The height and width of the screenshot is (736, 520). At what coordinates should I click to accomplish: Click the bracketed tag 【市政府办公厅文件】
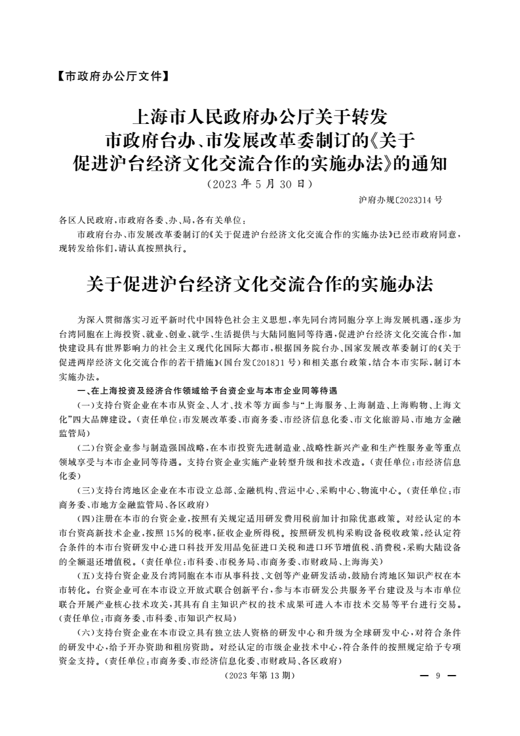pos(108,76)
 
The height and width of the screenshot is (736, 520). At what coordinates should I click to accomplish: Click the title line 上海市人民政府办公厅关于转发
pos(260,118)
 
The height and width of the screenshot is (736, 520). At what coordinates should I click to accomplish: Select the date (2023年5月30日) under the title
pos(260,184)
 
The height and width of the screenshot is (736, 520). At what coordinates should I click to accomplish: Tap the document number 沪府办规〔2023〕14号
pos(401,199)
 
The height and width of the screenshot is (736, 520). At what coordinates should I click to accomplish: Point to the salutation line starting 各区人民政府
pos(151,221)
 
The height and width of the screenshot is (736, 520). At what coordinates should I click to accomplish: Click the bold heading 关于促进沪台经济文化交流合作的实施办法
pos(260,283)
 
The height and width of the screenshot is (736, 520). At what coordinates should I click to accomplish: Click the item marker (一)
pos(86,405)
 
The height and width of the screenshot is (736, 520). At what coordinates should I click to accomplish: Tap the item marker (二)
pos(86,447)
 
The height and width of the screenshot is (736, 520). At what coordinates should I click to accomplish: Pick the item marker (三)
pos(86,491)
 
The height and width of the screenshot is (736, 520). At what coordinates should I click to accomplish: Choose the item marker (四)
pos(86,518)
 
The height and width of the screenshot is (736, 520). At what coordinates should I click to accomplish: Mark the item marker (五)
pos(86,576)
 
